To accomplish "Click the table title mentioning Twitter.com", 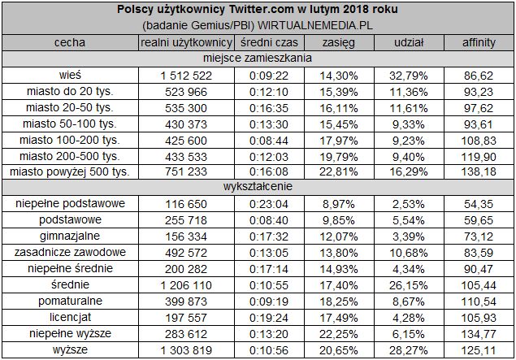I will (x=258, y=9).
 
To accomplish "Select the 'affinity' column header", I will (x=479, y=41).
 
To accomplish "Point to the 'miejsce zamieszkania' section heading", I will (x=258, y=58).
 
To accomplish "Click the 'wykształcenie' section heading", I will (x=258, y=188).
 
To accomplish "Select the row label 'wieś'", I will (x=69, y=74).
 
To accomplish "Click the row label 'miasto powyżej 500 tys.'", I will (x=69, y=171).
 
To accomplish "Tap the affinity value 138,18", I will (x=479, y=171).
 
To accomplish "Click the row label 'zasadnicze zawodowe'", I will (x=69, y=253).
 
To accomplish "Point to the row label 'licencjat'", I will (x=69, y=318).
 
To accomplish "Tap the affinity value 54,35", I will (x=479, y=204).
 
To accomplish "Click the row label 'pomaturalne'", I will (x=69, y=301).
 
